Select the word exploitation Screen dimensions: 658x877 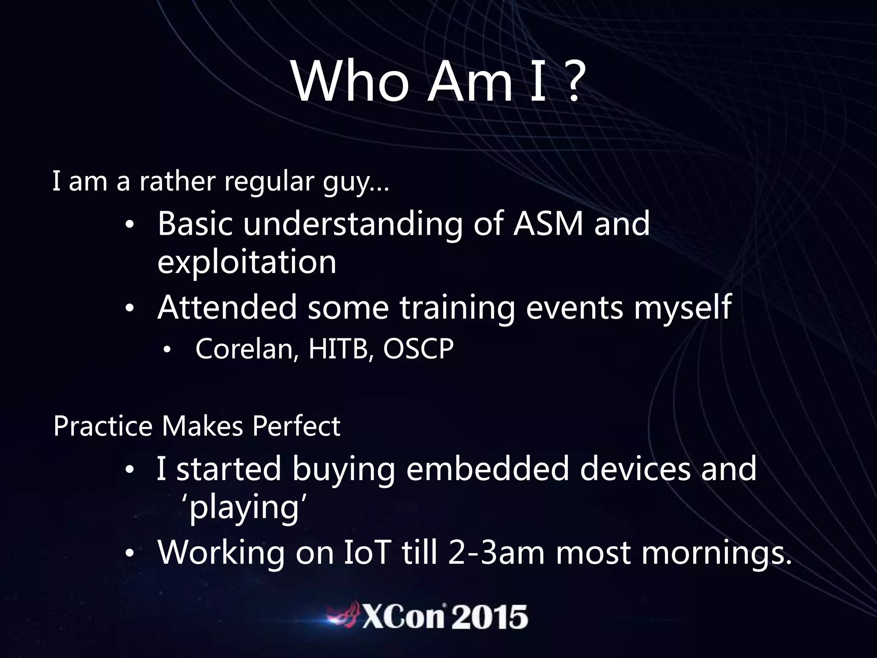pyautogui.click(x=247, y=262)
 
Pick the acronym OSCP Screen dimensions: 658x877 pyautogui.click(x=418, y=349)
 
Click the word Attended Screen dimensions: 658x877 pyautogui.click(x=227, y=307)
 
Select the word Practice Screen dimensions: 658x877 pyautogui.click(x=103, y=426)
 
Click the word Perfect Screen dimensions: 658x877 pyautogui.click(x=296, y=426)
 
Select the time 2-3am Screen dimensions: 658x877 pyautogui.click(x=496, y=552)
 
